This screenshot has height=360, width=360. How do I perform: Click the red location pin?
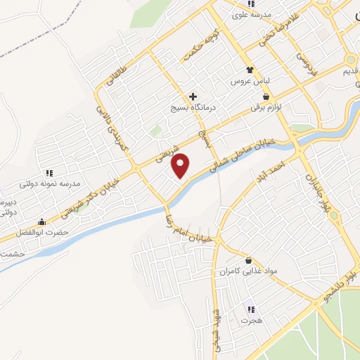coord(181,165)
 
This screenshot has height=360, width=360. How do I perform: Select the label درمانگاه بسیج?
coord(193,109)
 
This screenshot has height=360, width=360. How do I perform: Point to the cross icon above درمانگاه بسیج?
coord(193,96)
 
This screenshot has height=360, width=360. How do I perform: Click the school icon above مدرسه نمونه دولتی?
coord(49,172)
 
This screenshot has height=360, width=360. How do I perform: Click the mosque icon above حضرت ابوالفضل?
coord(43,221)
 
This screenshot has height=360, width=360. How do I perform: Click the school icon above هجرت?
coord(250,309)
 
